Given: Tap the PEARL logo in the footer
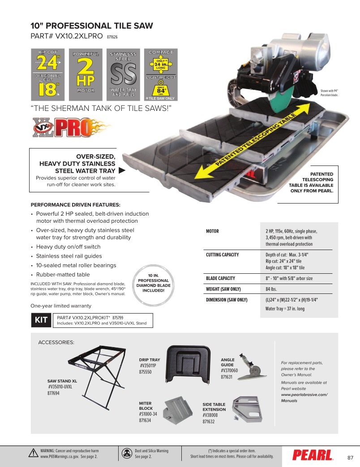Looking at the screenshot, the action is coord(313,455).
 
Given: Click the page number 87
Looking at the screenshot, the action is coord(351,458).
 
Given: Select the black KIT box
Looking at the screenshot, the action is coord(41,320).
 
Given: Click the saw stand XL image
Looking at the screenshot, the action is coord(97,377).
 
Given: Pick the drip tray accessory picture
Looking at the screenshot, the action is coord(188,364).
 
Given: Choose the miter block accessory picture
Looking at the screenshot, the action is coord(178,410).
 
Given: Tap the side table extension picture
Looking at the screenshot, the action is coord(247,409).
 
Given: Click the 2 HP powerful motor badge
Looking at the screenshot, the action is coord(86,75).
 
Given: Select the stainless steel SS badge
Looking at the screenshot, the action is coord(123,75).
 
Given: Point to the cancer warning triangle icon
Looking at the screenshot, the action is coord(34,453).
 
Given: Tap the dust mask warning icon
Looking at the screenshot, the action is coord(127,453).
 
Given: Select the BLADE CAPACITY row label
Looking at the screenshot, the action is coord(221,278).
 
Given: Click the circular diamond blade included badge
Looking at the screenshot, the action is coord(153,285).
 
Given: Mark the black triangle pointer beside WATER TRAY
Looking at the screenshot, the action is coord(122,170).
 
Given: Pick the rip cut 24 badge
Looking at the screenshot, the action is coord(47,75).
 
